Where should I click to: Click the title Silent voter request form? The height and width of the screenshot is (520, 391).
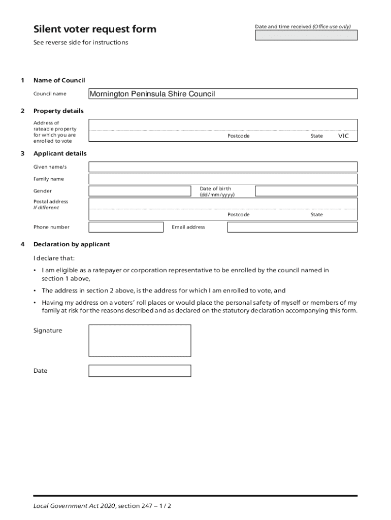coord(95,29)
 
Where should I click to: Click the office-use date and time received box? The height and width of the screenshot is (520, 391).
coord(306,35)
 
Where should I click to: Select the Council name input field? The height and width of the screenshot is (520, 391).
coord(223,94)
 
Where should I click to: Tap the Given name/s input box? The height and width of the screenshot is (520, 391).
coord(223,167)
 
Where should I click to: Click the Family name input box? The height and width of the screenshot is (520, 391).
coord(223,179)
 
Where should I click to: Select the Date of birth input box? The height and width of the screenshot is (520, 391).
coord(306,191)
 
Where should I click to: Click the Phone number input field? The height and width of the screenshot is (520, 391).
coord(126,227)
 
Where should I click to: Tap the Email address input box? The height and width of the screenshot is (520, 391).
coord(292,227)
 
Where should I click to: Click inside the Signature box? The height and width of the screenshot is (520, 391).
coord(140,341)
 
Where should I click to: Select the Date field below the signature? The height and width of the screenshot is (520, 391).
coord(140,371)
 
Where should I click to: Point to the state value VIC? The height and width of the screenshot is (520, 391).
coord(344,136)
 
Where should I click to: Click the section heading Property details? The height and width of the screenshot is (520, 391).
coord(58,111)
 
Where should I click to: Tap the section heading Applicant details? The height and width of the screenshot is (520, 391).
coord(60,153)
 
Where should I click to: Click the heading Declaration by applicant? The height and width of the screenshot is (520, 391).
coord(72,244)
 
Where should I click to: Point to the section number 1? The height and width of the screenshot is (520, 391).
coord(22,80)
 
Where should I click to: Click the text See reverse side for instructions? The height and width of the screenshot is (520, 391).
coord(81,43)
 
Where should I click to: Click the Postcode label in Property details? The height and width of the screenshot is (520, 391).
coord(238,136)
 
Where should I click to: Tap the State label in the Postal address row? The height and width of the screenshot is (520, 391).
coord(316,215)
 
